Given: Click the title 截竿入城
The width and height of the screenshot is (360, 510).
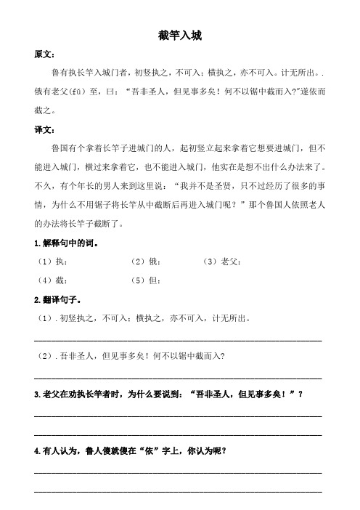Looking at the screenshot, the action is (179, 35).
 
